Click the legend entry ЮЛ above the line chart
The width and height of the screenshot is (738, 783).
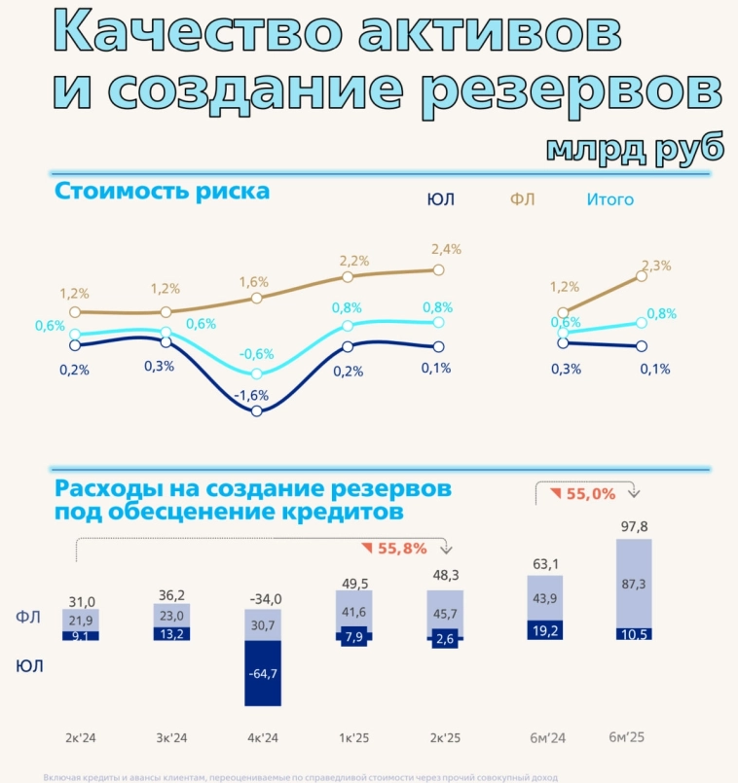[440, 200]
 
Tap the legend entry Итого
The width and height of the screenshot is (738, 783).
[609, 200]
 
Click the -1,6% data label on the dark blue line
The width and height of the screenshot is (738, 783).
[255, 395]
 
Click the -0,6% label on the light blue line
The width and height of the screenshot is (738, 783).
[258, 354]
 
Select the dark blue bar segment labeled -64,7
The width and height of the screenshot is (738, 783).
[262, 672]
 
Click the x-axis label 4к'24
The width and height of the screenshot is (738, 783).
[263, 738]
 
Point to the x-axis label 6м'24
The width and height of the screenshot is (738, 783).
[546, 738]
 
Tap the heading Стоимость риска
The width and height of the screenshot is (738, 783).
[163, 191]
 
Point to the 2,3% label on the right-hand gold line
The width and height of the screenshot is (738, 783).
[656, 266]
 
